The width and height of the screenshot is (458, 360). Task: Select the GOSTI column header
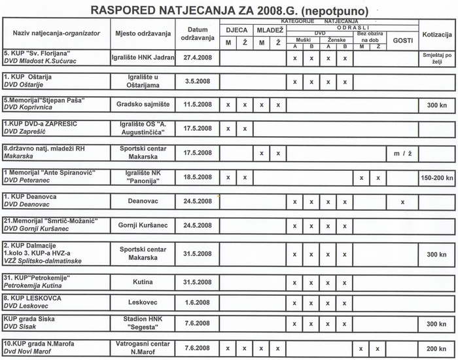tap(402, 41)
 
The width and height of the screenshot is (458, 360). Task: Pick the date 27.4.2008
tap(198, 57)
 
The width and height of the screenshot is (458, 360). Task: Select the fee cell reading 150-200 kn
tap(437, 177)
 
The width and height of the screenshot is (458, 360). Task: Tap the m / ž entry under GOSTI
tap(402, 153)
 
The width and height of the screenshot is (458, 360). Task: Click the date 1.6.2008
tap(198, 303)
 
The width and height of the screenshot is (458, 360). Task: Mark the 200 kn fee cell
tap(437, 349)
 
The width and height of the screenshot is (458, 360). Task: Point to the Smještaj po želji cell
tap(437, 58)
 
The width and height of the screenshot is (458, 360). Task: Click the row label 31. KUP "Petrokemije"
tap(37, 278)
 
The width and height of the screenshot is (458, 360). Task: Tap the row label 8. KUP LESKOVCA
tap(33, 298)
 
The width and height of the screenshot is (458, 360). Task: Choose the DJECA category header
tap(236, 30)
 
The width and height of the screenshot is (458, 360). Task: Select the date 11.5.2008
tap(198, 104)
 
